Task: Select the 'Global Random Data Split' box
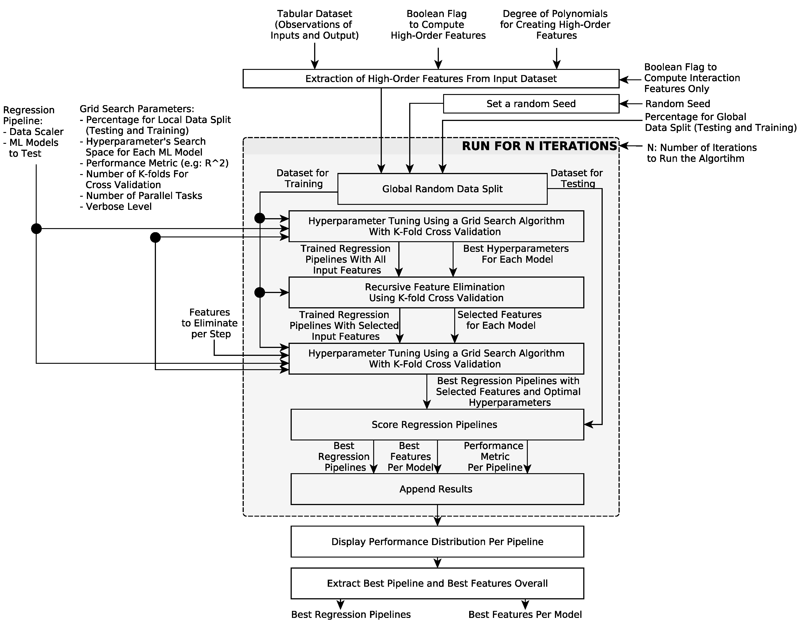pos(442,189)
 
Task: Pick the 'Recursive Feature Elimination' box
pos(436,292)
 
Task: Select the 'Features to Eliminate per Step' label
pos(210,323)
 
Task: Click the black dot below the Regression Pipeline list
pos(36,229)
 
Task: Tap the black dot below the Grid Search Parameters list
pos(155,238)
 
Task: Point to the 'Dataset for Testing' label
pos(576,178)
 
